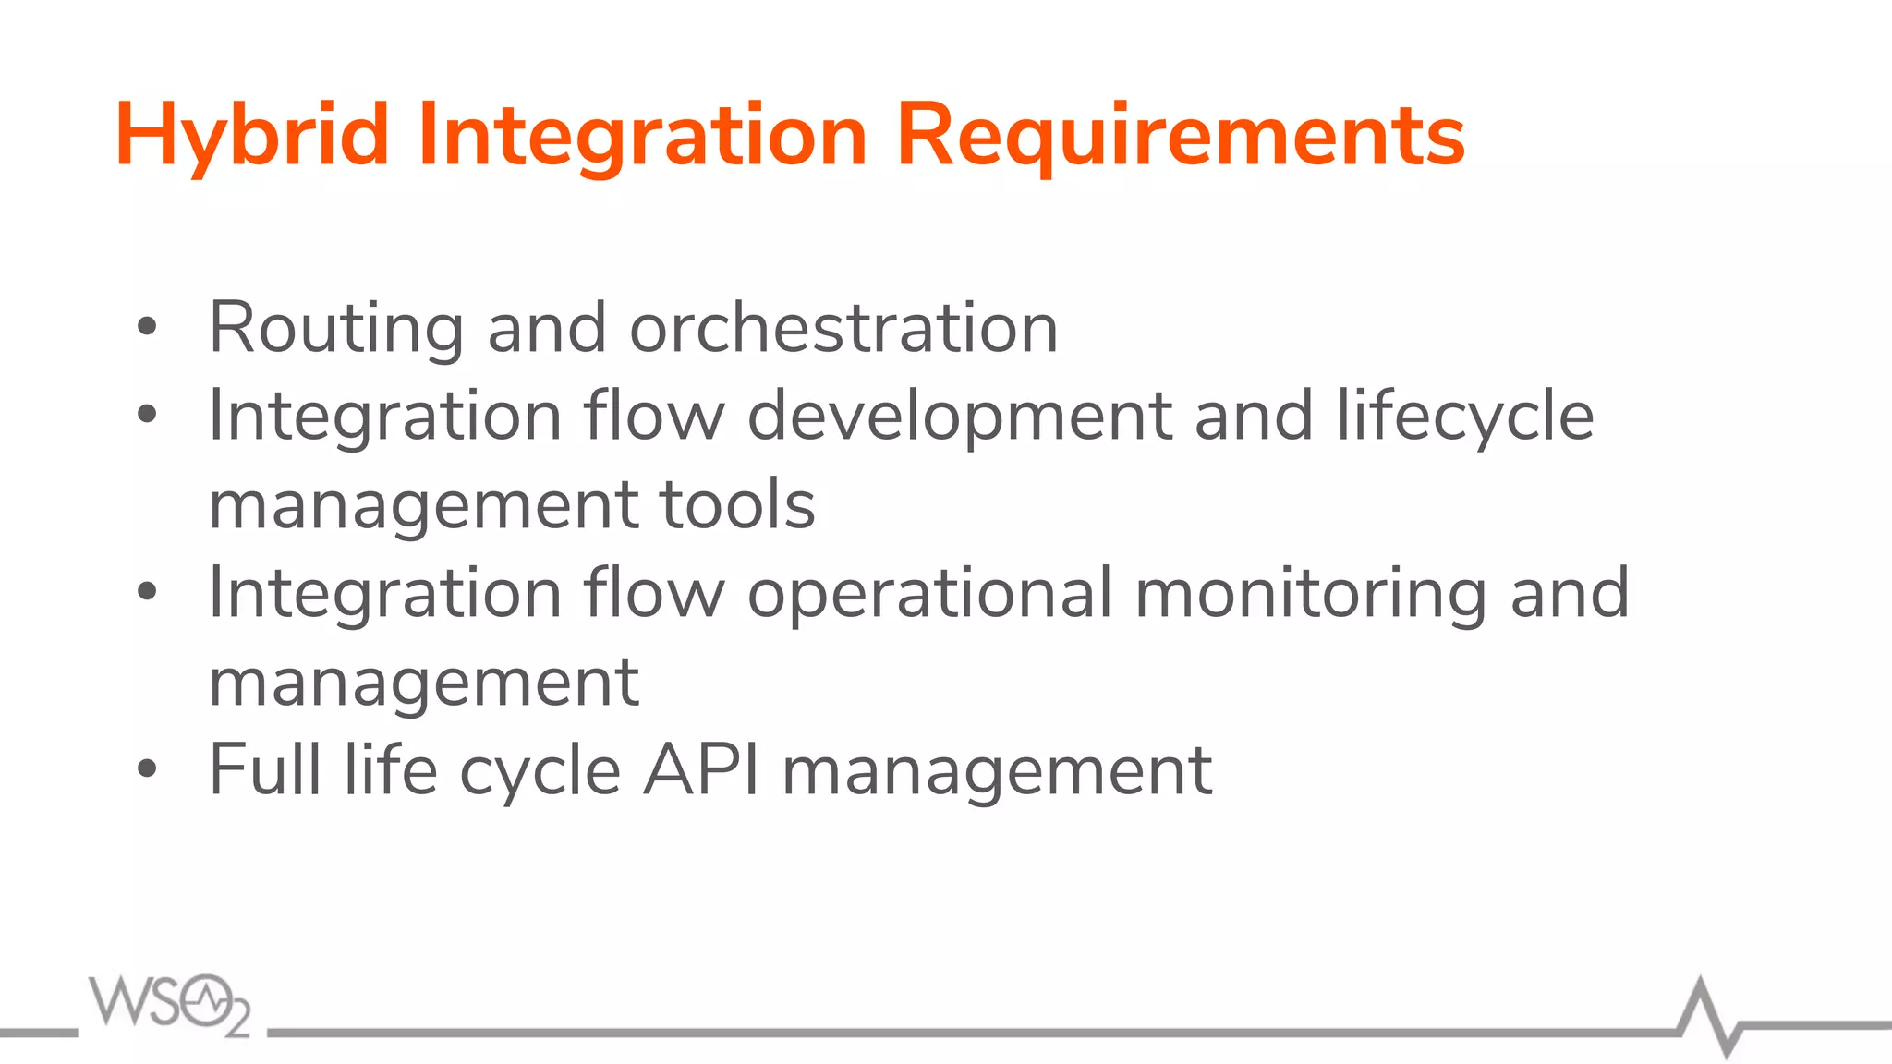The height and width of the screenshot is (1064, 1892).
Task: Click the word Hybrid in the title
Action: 251,137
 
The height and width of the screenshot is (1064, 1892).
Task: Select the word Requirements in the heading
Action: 1180,137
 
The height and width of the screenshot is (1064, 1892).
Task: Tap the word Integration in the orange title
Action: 642,137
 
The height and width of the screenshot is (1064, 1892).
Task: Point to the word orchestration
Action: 843,329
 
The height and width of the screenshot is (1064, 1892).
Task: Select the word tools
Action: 737,504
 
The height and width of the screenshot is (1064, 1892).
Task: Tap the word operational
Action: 929,593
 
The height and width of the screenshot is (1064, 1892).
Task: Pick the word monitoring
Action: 1311,593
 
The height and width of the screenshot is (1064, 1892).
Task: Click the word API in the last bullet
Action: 701,769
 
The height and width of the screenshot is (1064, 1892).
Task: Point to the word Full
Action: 265,769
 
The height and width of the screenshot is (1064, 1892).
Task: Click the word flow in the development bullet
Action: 654,416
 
